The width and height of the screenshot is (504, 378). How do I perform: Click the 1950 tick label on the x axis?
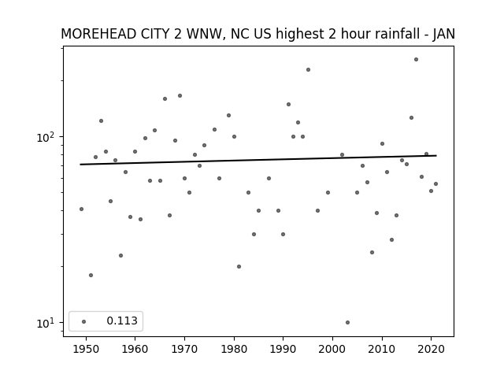pos(86,349)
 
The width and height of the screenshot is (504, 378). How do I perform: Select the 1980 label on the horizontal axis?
pos(234,349)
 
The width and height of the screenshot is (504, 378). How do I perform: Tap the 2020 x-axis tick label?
pos(431,349)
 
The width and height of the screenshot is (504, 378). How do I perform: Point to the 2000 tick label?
pos(332,349)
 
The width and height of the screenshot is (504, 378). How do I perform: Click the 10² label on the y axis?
pos(47,137)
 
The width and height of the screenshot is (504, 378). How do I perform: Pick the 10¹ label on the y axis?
pos(47,323)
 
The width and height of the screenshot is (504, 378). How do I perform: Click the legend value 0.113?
pos(122,321)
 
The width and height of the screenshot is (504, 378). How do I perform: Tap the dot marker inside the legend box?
pos(84,321)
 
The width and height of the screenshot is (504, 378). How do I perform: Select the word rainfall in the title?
pos(397,34)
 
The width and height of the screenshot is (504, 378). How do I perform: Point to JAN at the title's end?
pos(444,34)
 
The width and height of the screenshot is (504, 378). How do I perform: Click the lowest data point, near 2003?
pos(347,322)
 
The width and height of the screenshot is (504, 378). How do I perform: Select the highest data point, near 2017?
pos(416,60)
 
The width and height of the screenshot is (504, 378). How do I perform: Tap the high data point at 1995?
pos(308,70)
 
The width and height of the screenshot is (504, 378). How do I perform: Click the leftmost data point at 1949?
pos(81,209)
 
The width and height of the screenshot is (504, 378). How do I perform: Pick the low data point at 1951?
pos(91,275)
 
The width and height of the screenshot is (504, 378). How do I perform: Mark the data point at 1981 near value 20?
pos(239,266)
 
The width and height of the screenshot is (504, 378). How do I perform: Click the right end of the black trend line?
pos(436,156)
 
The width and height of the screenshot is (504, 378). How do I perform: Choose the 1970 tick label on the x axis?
pos(184,349)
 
